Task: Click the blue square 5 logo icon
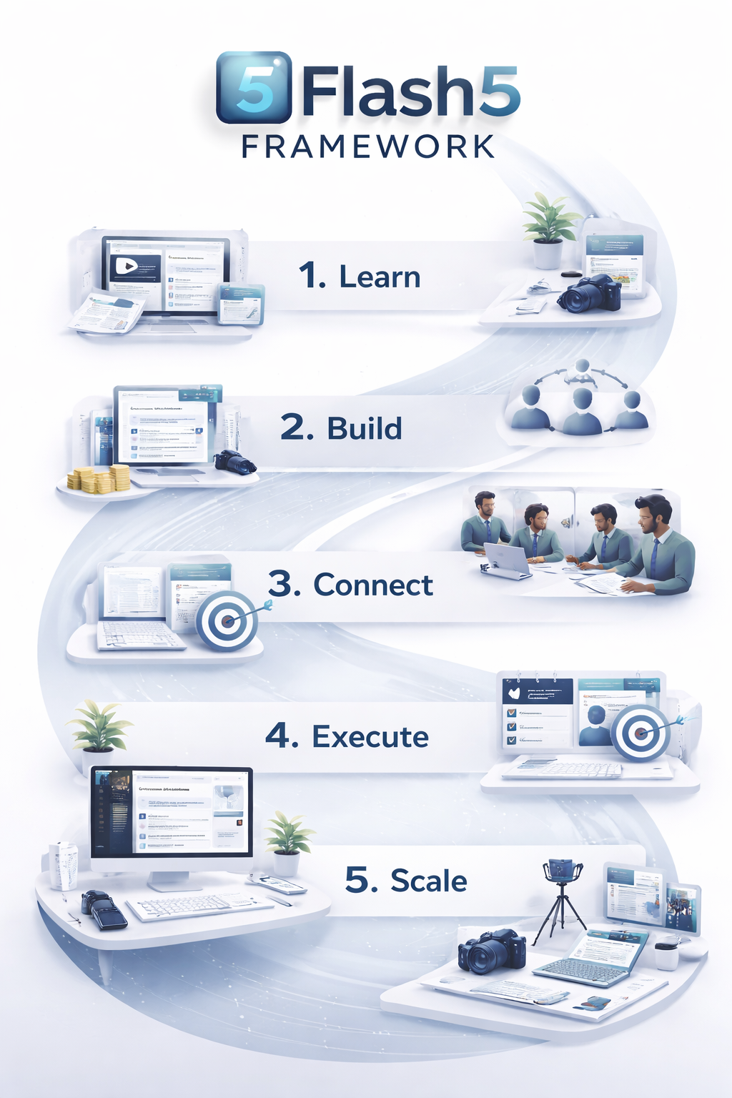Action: pyautogui.click(x=254, y=87)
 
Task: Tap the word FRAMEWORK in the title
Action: pyautogui.click(x=368, y=147)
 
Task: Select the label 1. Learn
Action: pyautogui.click(x=360, y=277)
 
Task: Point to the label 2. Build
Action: pyautogui.click(x=342, y=427)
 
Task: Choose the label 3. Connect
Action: pyautogui.click(x=350, y=585)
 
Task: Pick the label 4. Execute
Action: pyautogui.click(x=347, y=736)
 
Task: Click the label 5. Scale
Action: pyautogui.click(x=406, y=880)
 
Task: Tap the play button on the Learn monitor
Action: pyautogui.click(x=126, y=267)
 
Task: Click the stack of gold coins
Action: pyautogui.click(x=99, y=479)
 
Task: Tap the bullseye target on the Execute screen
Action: pyautogui.click(x=641, y=732)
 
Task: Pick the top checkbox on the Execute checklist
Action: pyautogui.click(x=511, y=713)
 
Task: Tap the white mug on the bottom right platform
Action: pyautogui.click(x=666, y=954)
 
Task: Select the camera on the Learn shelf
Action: pyautogui.click(x=590, y=294)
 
